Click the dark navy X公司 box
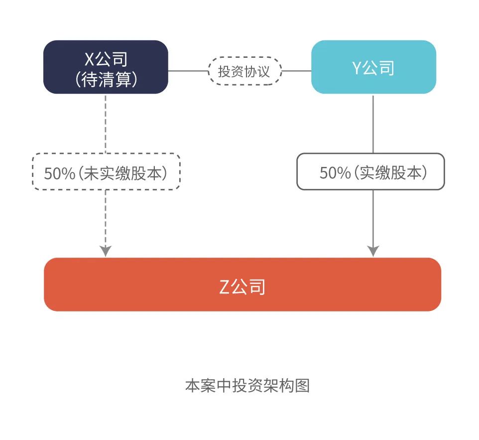pyautogui.click(x=106, y=67)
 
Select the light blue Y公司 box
pyautogui.click(x=373, y=67)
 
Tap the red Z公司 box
pyautogui.click(x=242, y=285)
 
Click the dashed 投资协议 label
pyautogui.click(x=244, y=71)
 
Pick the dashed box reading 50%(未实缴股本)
pyautogui.click(x=106, y=172)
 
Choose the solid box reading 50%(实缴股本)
pyautogui.click(x=370, y=172)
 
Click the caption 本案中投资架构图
pyautogui.click(x=247, y=386)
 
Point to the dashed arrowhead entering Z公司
pyautogui.click(x=106, y=251)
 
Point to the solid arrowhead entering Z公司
pyautogui.click(x=373, y=251)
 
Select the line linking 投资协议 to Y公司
pyautogui.click(x=297, y=71)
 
